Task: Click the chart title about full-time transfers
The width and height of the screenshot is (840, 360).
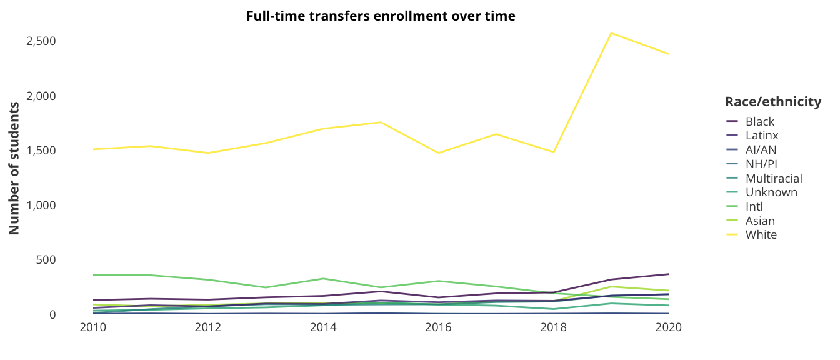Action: pos(381,16)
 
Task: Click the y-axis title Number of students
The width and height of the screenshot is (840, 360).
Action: pos(14,167)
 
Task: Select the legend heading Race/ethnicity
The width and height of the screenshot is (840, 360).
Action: pos(772,102)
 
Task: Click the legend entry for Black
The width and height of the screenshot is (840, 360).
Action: pos(759,121)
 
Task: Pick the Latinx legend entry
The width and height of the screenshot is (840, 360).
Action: pos(761,135)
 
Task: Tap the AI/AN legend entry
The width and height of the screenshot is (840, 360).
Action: pos(761,149)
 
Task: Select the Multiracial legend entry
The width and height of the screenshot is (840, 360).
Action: pos(773,178)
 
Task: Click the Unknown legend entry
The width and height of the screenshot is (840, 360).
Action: pos(771,192)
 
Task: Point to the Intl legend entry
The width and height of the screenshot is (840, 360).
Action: pos(754,206)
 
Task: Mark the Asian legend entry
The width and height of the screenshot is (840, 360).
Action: pos(760,221)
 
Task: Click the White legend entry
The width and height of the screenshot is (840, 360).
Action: pos(761,235)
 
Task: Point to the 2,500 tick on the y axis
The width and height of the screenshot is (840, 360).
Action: pos(42,41)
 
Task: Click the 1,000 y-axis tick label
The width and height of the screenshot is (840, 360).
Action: pos(42,205)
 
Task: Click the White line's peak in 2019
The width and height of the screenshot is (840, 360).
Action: pos(611,32)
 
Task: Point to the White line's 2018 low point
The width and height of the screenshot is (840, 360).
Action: pos(554,152)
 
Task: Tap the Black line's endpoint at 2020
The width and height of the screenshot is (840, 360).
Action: pos(669,274)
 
